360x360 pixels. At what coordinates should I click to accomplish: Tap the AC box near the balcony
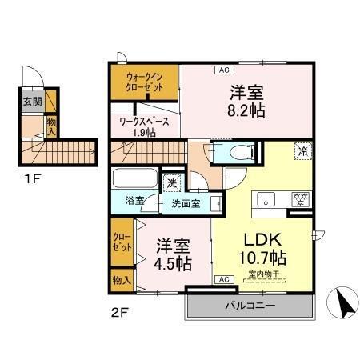click(224, 279)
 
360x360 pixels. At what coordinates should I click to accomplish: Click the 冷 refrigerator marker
click(303, 150)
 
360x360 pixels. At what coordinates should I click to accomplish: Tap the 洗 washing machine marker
click(173, 183)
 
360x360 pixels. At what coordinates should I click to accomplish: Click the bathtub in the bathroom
click(134, 178)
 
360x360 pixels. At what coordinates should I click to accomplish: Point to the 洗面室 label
click(186, 203)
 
